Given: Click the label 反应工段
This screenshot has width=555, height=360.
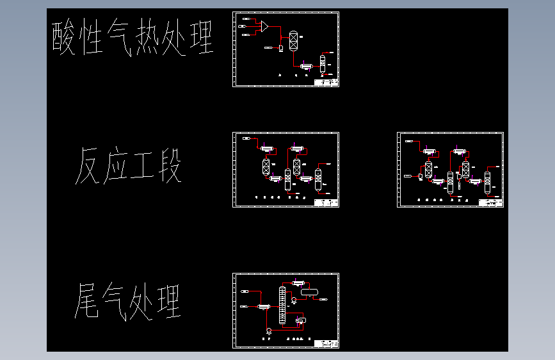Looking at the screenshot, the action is [129, 166].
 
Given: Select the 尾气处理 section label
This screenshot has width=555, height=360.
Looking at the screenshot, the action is [129, 301].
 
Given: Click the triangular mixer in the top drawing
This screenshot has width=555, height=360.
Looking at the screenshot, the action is [264, 26].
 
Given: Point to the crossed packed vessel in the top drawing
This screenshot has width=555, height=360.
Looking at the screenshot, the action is [293, 41].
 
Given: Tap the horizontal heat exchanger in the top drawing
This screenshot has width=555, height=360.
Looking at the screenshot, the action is [305, 65].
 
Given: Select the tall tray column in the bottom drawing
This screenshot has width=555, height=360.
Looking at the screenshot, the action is [282, 305].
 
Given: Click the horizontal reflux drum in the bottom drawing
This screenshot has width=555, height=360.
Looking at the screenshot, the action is [310, 292].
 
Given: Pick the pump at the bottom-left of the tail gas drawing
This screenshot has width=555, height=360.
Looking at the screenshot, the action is [269, 331].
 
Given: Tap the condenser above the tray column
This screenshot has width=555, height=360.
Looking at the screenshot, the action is [297, 282].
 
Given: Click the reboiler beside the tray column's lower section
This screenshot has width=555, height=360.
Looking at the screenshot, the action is [300, 320].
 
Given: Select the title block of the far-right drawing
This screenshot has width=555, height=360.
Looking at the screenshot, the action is [491, 203].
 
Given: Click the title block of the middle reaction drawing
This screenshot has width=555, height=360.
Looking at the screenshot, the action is [326, 203].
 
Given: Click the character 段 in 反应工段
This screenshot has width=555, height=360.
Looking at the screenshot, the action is [169, 166].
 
